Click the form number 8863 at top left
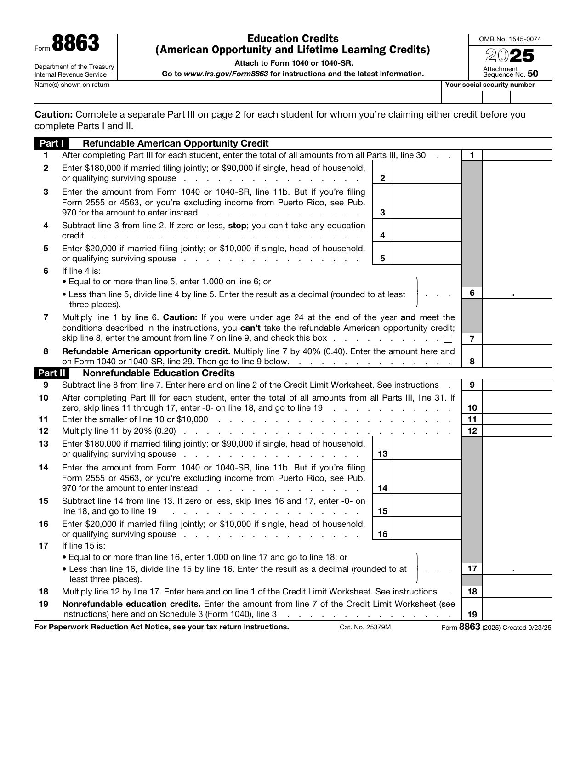(x=75, y=44)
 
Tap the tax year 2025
(x=510, y=56)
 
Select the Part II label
(x=51, y=373)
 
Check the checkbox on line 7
(x=448, y=339)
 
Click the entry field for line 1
(x=517, y=155)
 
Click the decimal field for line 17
(x=517, y=568)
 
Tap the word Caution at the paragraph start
(x=53, y=115)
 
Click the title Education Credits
(x=293, y=39)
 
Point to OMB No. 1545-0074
(x=510, y=39)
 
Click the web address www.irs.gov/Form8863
(x=226, y=74)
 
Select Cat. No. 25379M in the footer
(x=365, y=628)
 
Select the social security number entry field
(x=496, y=97)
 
